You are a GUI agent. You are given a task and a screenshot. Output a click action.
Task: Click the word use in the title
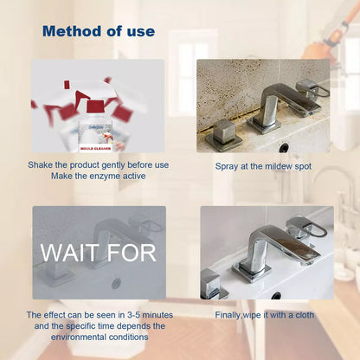pos(139,32)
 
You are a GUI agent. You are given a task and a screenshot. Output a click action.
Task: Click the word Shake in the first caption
pos(42,164)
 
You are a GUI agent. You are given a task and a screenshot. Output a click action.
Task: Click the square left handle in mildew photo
pos(224,132)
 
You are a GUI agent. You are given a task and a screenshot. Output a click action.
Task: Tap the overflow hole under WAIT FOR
pos(116,283)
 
